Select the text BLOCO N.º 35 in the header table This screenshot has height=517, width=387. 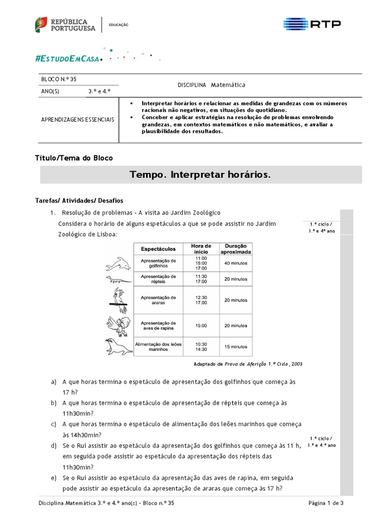[58, 80]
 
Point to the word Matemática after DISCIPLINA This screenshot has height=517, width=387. [228, 85]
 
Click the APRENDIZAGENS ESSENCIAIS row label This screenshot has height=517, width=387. [78, 120]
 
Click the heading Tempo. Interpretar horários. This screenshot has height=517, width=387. [200, 175]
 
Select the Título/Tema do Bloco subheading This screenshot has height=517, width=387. [74, 158]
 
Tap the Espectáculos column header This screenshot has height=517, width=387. [158, 248]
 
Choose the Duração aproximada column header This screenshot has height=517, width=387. [235, 248]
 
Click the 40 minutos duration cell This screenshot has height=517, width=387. [235, 263]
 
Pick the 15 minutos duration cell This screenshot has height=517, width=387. [235, 347]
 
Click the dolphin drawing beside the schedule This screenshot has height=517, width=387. [118, 263]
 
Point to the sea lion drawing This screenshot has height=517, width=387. [118, 346]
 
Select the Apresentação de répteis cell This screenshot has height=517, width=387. [158, 279]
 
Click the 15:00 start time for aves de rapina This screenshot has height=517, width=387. [201, 326]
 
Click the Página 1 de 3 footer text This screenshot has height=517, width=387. [326, 503]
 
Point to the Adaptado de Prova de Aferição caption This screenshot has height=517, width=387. [248, 364]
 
